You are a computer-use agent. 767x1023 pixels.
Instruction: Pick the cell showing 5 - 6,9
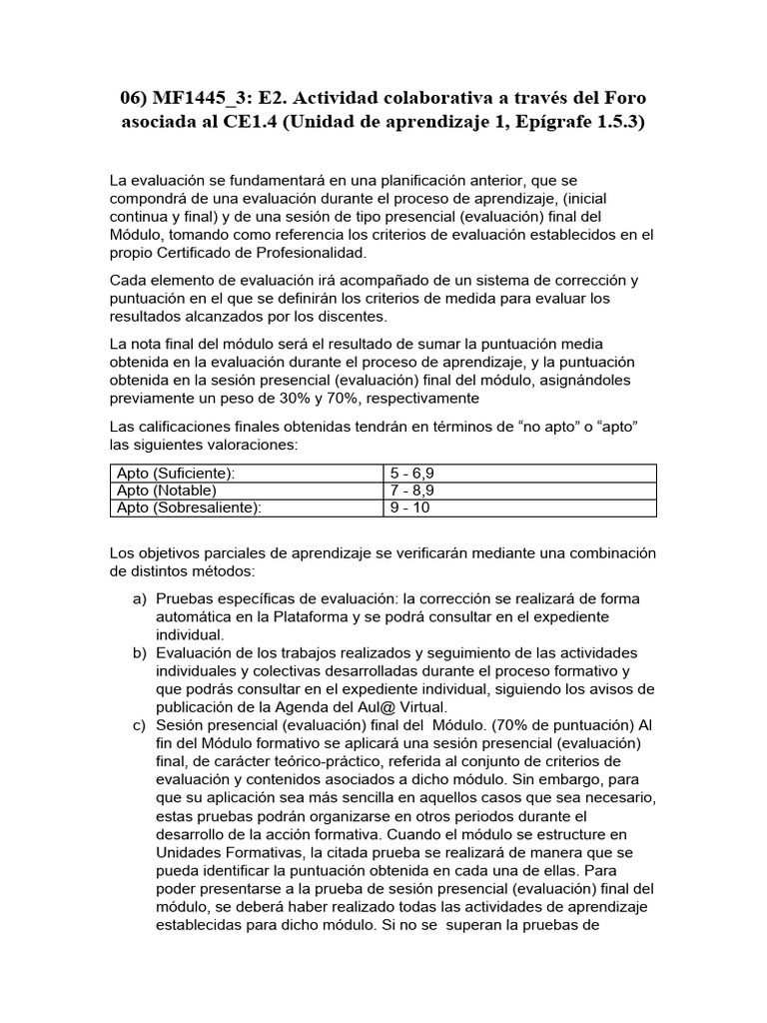[411, 473]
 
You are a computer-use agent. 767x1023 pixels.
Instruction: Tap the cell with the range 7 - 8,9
[411, 491]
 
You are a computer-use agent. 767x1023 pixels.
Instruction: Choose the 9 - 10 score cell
[408, 508]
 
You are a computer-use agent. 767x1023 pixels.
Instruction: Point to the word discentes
[351, 317]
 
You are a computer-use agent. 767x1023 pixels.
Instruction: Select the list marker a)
[140, 598]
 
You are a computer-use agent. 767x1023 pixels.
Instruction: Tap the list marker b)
[140, 652]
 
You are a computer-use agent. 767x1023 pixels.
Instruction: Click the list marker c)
[140, 724]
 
